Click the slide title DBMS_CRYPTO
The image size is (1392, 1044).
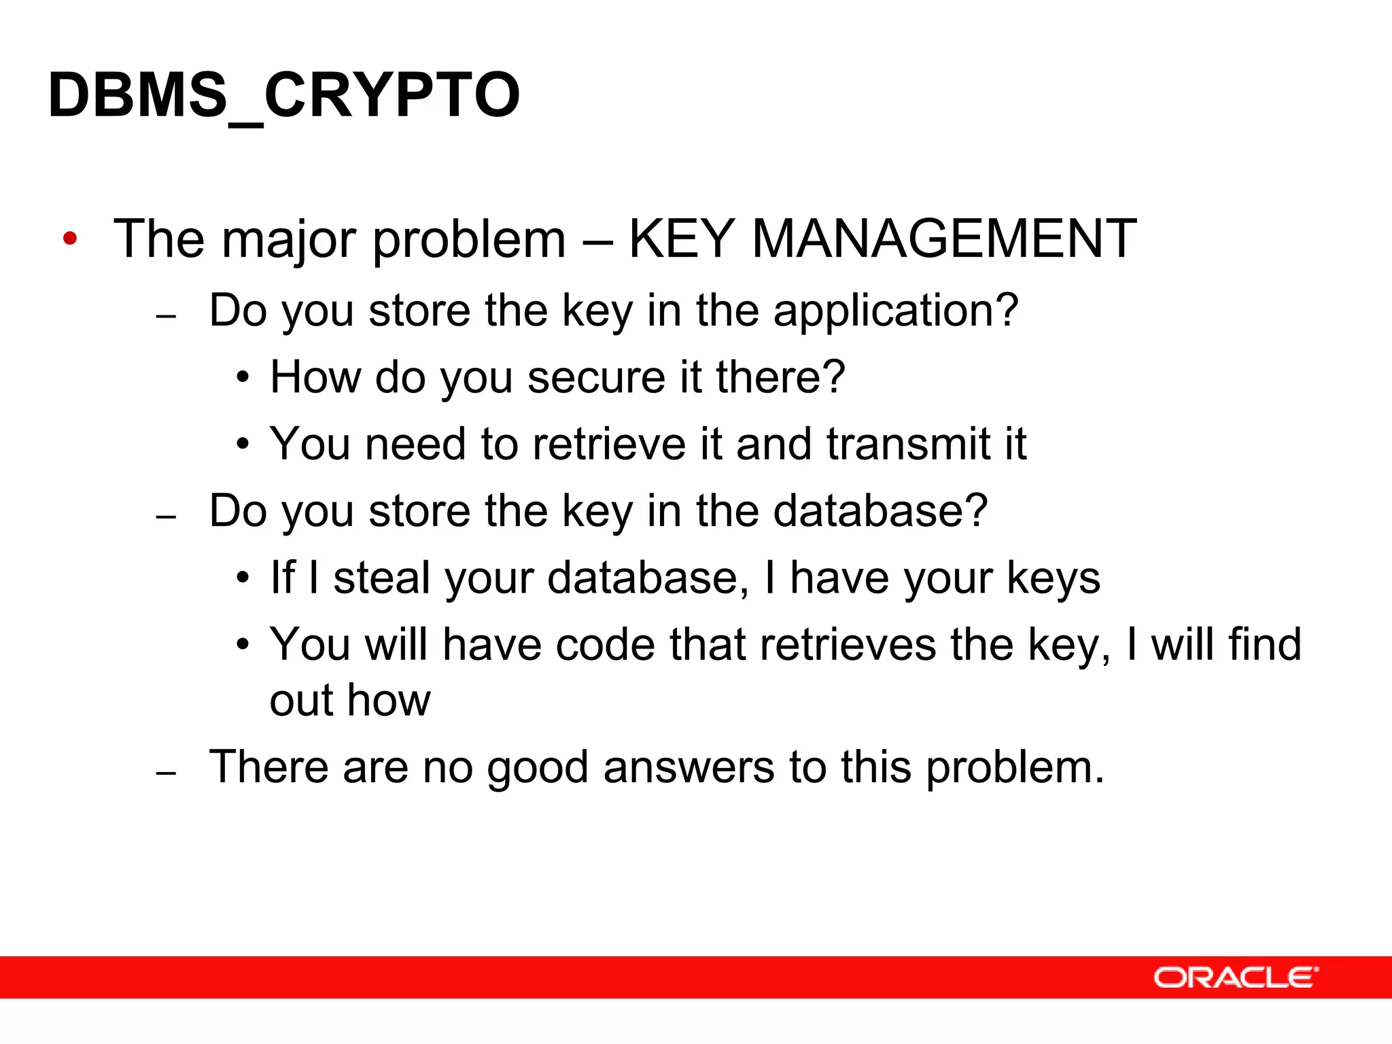284,95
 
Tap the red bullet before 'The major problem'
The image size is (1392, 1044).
69,239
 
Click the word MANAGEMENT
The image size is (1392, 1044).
944,239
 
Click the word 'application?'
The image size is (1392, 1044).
895,311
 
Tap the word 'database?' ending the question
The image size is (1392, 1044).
880,510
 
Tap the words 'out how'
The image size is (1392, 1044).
350,700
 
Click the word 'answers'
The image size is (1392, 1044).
688,767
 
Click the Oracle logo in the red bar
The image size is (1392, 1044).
1235,977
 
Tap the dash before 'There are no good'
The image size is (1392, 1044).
166,773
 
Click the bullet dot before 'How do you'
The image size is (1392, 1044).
243,378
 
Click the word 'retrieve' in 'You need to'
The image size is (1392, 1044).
609,444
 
